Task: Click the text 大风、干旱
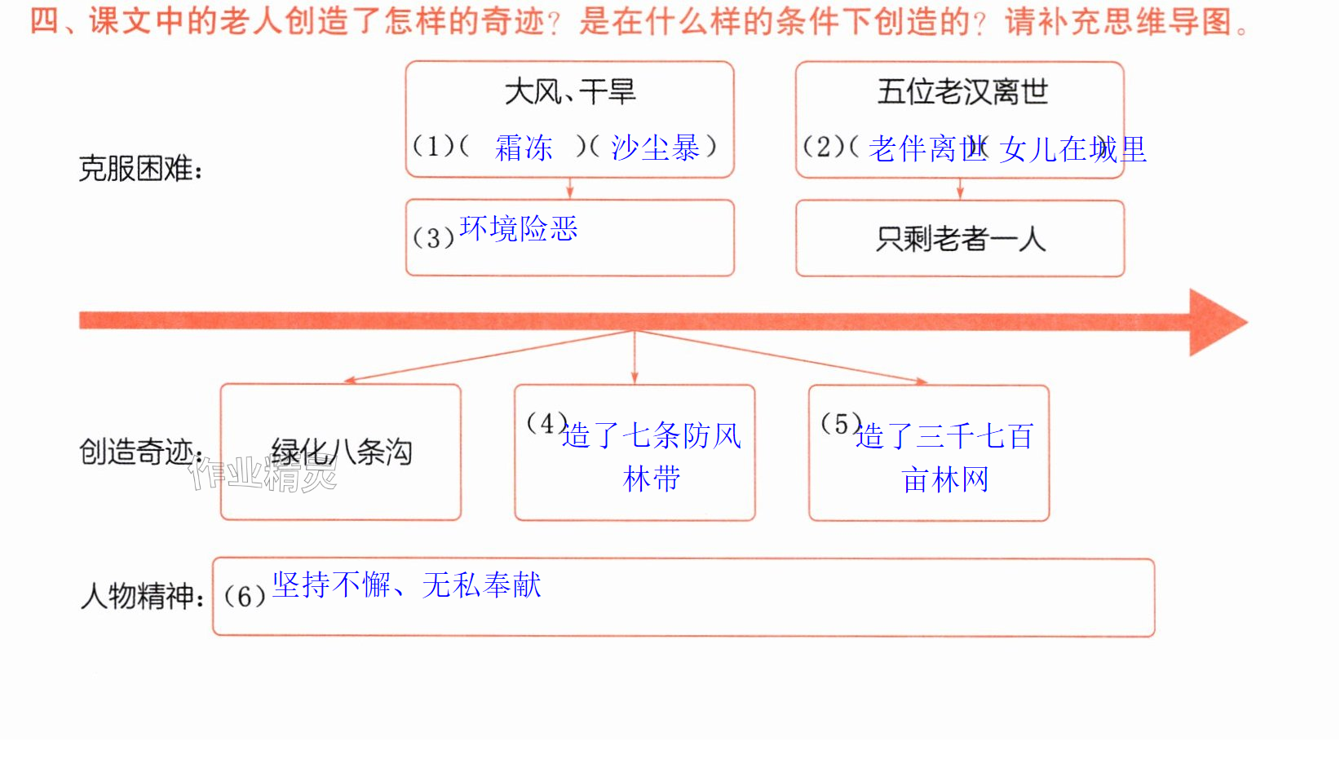569,92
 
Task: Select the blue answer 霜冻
524,148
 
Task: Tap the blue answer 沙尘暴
655,147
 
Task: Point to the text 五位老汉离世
962,92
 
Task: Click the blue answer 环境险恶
518,228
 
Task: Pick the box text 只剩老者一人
961,239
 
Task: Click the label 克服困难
140,169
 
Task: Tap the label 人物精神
142,596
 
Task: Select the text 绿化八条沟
342,452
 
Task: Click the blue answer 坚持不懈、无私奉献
407,585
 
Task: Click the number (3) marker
433,238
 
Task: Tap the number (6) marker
244,597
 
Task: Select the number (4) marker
546,423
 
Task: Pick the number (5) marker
841,424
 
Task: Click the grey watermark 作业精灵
263,474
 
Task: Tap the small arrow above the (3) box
569,188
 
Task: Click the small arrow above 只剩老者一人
960,189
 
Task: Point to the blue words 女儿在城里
1072,149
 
